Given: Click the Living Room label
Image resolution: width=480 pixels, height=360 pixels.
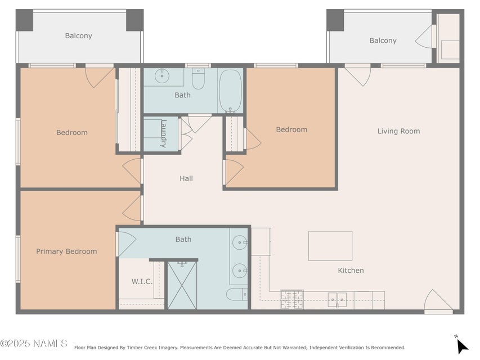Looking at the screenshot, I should point(398,131).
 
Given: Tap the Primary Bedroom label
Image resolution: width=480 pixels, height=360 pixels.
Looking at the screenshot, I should point(66,251).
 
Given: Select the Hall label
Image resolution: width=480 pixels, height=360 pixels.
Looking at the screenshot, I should point(186,178).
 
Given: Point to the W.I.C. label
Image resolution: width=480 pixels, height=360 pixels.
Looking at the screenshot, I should point(142,281).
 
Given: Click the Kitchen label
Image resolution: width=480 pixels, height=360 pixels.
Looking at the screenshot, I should point(351,271).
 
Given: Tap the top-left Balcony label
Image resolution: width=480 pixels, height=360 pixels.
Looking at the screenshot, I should point(78,36).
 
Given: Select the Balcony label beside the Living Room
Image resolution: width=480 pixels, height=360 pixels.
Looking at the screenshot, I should point(383,40).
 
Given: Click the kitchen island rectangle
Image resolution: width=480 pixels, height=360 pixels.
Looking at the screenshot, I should point(330,246).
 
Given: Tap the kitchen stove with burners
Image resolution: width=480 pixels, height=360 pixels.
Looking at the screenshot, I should point(291,299).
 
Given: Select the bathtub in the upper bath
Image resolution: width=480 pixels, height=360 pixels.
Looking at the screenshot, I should point(230,90).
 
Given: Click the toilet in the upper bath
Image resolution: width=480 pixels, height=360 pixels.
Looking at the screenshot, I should point(198,79).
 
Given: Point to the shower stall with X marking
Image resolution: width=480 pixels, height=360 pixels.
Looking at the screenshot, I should point(182,285).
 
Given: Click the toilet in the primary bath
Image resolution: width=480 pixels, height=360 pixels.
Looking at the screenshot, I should point(236,294).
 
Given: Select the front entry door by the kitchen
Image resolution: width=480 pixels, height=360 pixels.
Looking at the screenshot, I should point(438,302).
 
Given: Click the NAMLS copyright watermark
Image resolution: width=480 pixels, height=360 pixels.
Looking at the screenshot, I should point(34,343).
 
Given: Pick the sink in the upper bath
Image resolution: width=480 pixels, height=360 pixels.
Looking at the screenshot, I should point(163,75).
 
